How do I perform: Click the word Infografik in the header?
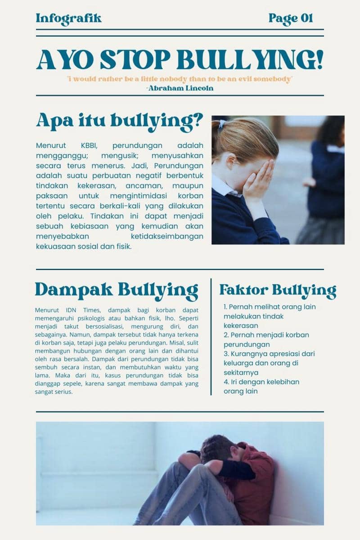[68, 18]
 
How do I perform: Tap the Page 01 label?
[290, 18]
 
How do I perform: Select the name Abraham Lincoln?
[180, 88]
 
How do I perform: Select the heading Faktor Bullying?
[278, 290]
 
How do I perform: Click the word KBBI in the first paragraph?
[89, 145]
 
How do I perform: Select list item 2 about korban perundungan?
[266, 339]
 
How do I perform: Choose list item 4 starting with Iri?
[261, 386]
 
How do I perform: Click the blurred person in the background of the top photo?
[326, 180]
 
